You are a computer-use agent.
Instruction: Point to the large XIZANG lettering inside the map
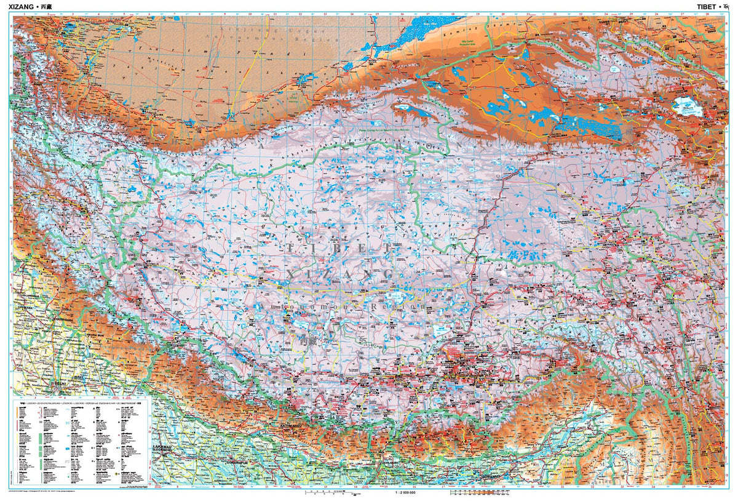pyautogui.click(x=340, y=273)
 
